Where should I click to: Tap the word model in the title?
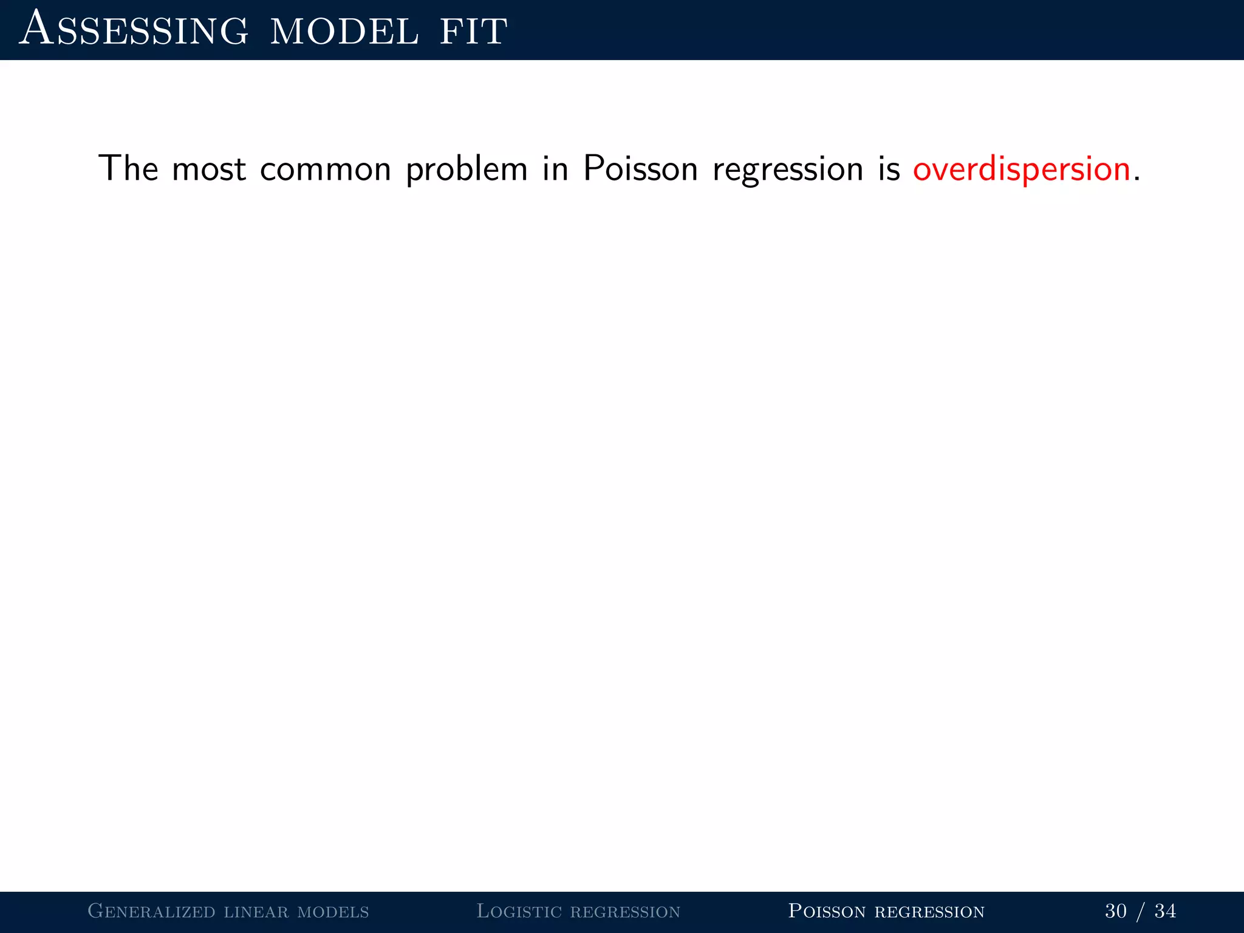[344, 32]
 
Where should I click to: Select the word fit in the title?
[473, 32]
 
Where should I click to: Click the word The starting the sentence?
[128, 168]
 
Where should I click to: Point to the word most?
[208, 169]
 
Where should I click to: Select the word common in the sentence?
[325, 169]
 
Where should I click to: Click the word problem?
[466, 169]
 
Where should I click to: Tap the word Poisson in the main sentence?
[640, 168]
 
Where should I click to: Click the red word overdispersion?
[1021, 169]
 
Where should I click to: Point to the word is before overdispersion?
[889, 168]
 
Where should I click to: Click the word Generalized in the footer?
[151, 911]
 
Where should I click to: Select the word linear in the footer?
[256, 911]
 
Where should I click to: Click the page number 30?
[1116, 911]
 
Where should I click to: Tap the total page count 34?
[1165, 911]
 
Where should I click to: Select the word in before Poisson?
[555, 168]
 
